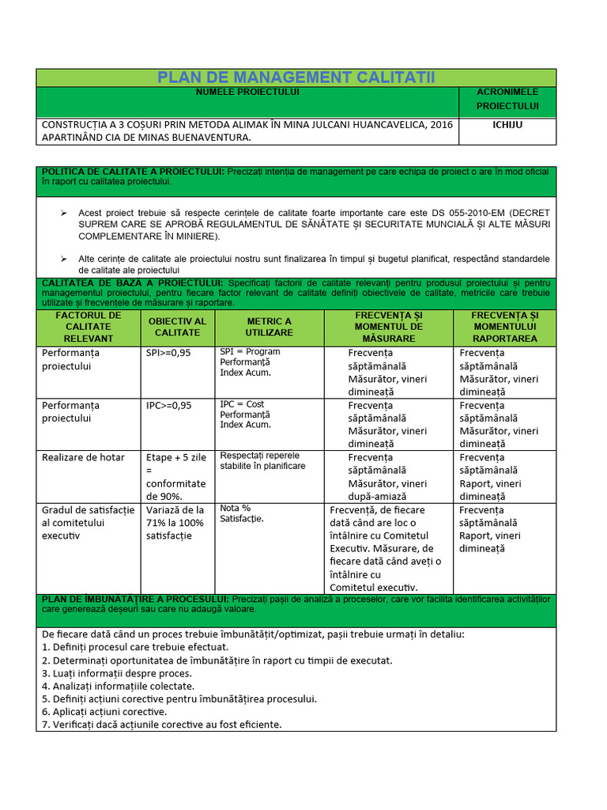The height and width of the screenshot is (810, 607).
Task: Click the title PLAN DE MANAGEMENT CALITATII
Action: pyautogui.click(x=296, y=78)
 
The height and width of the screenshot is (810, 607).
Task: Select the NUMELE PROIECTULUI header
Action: pyautogui.click(x=248, y=93)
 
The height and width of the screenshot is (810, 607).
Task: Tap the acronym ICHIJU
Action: pyautogui.click(x=507, y=125)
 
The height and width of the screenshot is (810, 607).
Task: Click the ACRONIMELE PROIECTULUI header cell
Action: pyautogui.click(x=507, y=99)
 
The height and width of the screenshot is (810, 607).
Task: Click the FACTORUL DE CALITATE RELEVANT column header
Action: pyautogui.click(x=89, y=327)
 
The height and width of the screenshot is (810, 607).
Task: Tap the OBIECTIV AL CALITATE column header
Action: pyautogui.click(x=177, y=327)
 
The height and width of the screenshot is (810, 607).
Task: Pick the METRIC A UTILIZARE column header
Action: pyautogui.click(x=269, y=327)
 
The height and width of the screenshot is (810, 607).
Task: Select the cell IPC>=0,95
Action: pyautogui.click(x=168, y=405)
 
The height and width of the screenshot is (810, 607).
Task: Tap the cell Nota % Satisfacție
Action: pyautogui.click(x=242, y=513)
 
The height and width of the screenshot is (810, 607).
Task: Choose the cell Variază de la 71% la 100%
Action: pyautogui.click(x=175, y=523)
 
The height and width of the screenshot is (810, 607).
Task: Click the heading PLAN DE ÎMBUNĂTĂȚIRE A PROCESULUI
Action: pyautogui.click(x=134, y=600)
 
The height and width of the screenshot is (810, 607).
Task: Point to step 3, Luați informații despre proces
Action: pyautogui.click(x=115, y=673)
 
